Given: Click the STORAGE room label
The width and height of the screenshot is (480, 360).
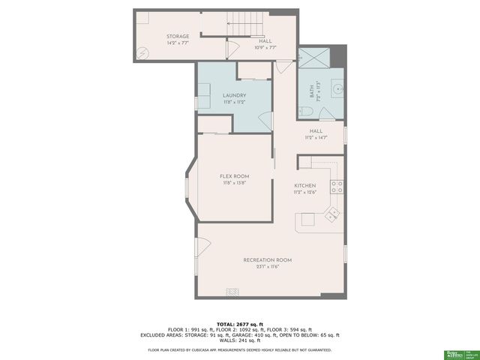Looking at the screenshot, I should pos(178,36).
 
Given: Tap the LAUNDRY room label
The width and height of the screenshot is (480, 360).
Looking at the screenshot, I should pos(235,95).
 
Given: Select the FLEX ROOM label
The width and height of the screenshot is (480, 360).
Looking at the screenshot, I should pos(235,176).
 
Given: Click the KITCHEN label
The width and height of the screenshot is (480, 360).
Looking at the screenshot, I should pos(304,185).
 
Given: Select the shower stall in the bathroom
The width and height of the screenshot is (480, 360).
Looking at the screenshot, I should pos(311,59).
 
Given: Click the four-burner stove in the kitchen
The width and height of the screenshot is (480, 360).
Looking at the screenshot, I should pos(337,187).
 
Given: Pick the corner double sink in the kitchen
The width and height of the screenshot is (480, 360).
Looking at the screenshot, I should pos(331,215).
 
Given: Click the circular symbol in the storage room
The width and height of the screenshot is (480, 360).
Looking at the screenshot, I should pos(142,53).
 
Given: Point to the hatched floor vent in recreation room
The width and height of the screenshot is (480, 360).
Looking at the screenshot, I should pos(234,292).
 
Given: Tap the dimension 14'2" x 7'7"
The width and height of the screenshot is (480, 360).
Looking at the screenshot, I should pos(178,43).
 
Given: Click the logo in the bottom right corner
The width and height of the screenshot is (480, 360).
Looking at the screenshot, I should pos(454,352).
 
